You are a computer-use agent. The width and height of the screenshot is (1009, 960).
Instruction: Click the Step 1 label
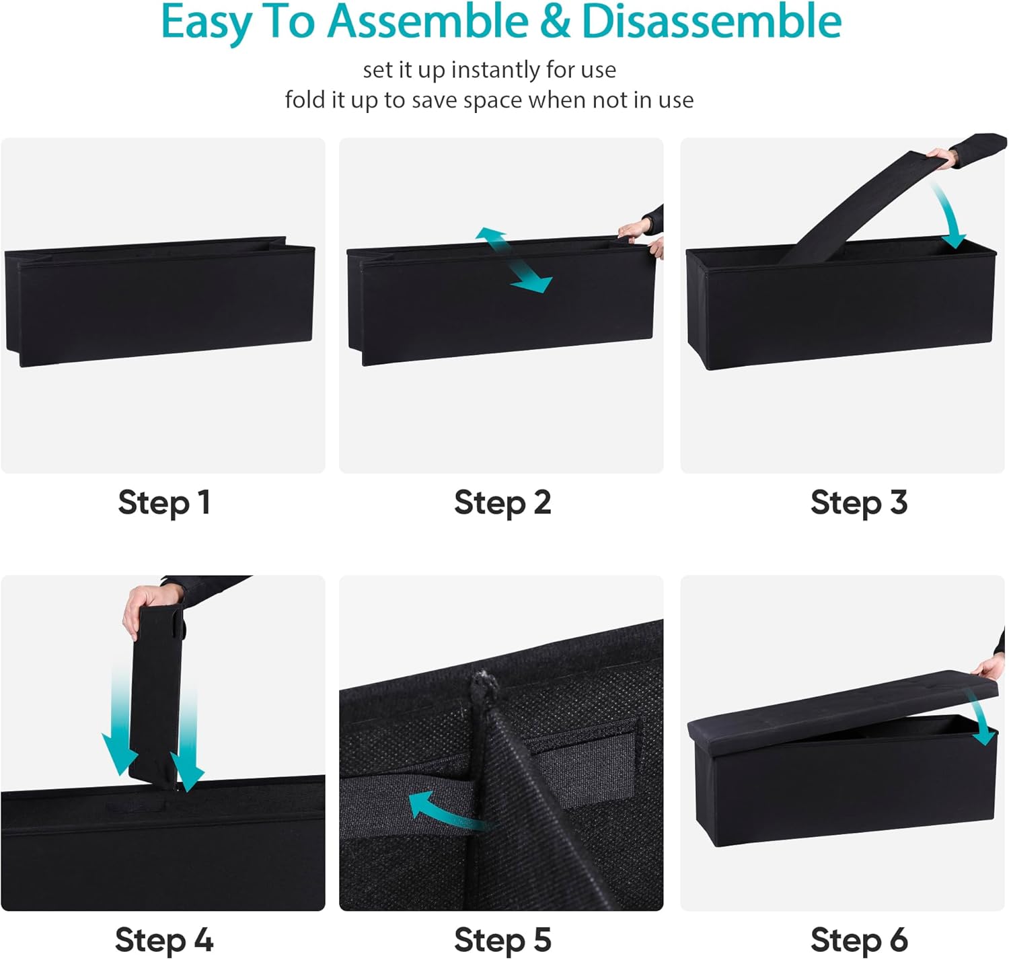pos(163,503)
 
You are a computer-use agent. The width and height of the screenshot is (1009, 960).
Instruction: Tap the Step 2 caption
pos(502,503)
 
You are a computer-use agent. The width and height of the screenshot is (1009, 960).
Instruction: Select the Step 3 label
pos(858,503)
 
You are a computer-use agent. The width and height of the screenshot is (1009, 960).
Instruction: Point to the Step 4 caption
pos(163,940)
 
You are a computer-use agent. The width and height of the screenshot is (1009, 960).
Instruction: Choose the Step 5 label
pos(502,940)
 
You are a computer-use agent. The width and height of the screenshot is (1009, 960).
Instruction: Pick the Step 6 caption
pos(858,940)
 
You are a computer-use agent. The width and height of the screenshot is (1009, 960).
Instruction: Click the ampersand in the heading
pos(555,22)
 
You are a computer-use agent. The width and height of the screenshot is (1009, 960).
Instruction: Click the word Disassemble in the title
pos(711,22)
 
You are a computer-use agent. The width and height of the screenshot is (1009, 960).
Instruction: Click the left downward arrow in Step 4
pos(119,718)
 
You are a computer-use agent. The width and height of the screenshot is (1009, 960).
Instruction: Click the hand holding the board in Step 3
pos(942,157)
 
